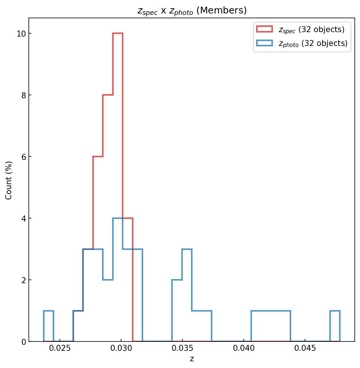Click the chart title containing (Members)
192,11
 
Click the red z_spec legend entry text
311,30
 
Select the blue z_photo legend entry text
313,43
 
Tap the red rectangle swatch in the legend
264,29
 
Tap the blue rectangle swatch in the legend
264,43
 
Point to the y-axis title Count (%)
9,180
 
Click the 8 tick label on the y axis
23,95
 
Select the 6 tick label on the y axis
23,157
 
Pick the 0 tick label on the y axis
23,342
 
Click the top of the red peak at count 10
118,34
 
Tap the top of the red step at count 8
108,95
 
